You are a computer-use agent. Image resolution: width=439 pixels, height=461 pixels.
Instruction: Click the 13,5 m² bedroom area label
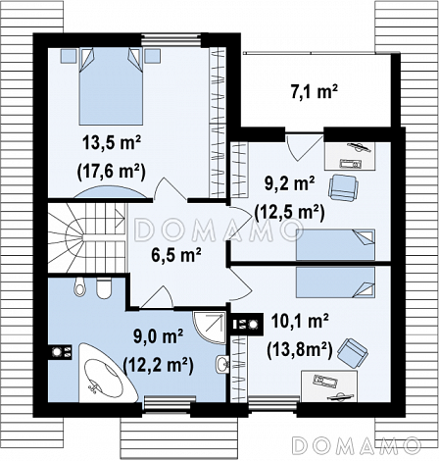tap(112, 144)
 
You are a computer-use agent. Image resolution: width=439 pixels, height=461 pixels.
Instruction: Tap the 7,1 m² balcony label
tap(314, 92)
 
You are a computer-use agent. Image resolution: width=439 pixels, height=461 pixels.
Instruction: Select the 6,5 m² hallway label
tap(176, 255)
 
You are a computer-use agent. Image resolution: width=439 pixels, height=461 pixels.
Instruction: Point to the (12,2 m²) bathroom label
tap(158, 365)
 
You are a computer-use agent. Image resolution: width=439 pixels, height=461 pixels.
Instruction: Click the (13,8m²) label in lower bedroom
tap(300, 350)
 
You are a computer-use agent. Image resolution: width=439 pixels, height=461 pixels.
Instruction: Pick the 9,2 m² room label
tap(290, 184)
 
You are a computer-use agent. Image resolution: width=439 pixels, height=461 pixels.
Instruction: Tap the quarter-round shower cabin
tap(209, 328)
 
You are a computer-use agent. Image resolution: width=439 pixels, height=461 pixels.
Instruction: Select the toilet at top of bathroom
tap(79, 287)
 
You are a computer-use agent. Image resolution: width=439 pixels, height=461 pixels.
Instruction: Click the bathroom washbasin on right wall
tap(222, 364)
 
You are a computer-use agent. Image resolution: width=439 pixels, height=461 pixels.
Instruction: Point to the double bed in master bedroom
tap(111, 86)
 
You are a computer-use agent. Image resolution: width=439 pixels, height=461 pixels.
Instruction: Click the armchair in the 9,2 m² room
tap(343, 187)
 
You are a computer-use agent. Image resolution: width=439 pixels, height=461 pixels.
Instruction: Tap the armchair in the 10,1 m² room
tap(353, 351)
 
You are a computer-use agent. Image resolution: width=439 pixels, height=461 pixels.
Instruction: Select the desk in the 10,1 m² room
tap(329, 386)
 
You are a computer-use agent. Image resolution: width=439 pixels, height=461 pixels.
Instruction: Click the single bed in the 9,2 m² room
tap(336, 245)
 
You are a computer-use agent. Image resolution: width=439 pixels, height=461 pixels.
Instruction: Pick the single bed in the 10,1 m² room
tap(336, 282)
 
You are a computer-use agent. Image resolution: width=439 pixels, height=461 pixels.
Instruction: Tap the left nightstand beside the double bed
tap(69, 56)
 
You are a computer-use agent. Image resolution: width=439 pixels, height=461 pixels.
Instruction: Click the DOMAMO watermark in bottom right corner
tap(357, 445)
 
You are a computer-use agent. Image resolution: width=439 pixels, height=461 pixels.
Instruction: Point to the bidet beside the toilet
tap(104, 288)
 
